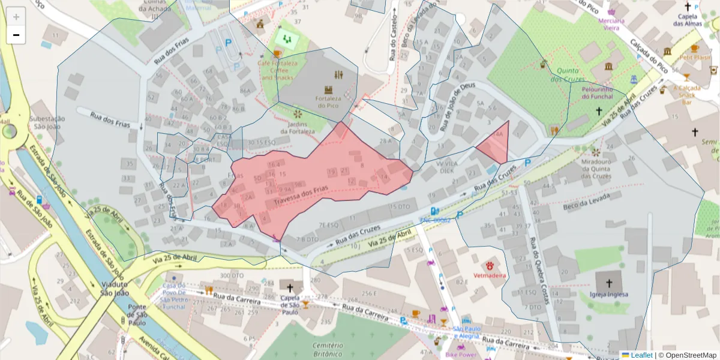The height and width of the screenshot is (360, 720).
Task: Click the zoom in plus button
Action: coord(16,17)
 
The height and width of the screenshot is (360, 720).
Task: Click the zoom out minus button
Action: coord(16,35)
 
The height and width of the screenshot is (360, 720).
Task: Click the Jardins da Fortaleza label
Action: coord(298,127)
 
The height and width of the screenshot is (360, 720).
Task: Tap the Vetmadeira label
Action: coord(490,275)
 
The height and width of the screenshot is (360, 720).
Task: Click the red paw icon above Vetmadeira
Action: coord(490,265)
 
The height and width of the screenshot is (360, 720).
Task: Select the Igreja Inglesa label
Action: coord(608,294)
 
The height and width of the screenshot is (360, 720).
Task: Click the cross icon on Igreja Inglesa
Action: coord(608,282)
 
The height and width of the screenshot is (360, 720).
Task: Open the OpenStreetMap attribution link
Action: coord(688,355)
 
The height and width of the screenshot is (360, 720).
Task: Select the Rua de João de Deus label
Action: coord(455,109)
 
